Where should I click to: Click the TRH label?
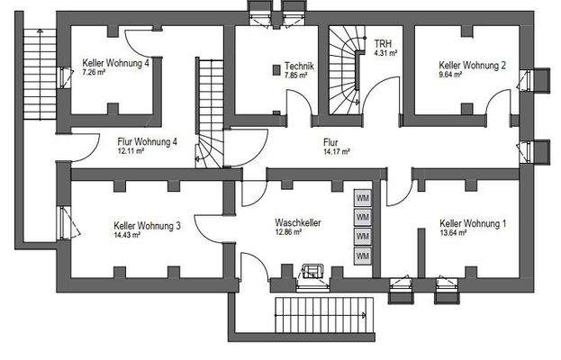tap(383, 42)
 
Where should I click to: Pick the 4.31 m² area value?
tap(386, 52)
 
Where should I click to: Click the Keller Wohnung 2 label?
tap(472, 65)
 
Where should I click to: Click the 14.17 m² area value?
tap(337, 152)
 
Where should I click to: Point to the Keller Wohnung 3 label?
tap(147, 225)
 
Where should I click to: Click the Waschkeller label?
tap(299, 221)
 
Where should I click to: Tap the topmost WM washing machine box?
tap(363, 198)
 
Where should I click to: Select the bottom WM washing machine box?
tap(363, 256)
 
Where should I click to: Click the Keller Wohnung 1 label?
tap(473, 222)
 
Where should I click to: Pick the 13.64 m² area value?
tap(454, 233)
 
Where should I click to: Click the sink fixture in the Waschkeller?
tap(315, 271)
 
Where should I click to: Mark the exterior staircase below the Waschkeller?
tap(321, 316)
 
